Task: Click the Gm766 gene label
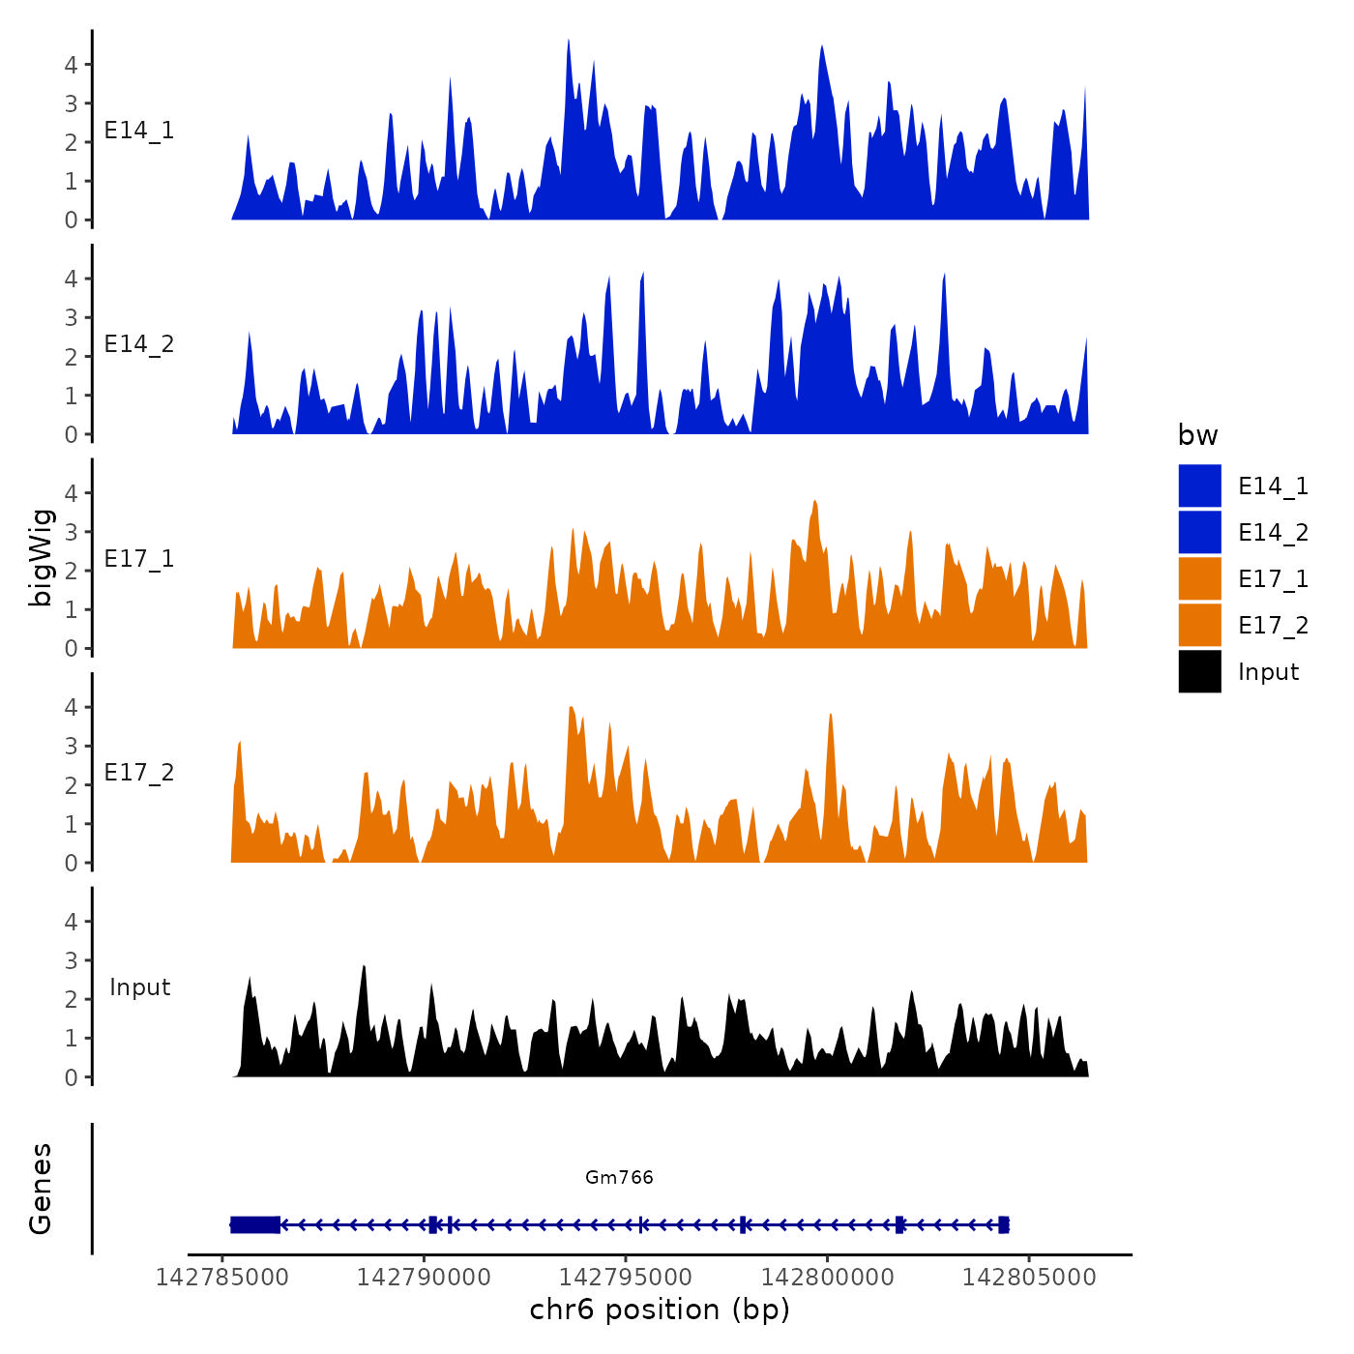(x=619, y=1177)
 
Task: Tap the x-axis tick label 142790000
(x=424, y=1278)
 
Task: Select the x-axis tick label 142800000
(x=828, y=1278)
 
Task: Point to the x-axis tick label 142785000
(x=222, y=1278)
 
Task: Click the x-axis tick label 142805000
(x=1029, y=1278)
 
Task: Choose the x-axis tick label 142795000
(x=626, y=1278)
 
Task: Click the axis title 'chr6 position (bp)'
(x=660, y=1310)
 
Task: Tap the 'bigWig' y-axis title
(x=41, y=557)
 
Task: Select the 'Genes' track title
(x=41, y=1189)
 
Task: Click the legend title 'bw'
(x=1197, y=435)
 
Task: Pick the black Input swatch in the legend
(x=1199, y=671)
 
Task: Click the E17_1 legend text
(x=1273, y=578)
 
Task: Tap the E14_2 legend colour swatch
(x=1199, y=532)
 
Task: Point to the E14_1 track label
(x=139, y=131)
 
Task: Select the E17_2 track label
(x=139, y=773)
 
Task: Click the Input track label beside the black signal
(x=139, y=987)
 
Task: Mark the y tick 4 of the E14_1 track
(x=72, y=65)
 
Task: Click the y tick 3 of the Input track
(x=72, y=960)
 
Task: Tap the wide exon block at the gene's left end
(x=255, y=1224)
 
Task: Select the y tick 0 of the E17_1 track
(x=72, y=649)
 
